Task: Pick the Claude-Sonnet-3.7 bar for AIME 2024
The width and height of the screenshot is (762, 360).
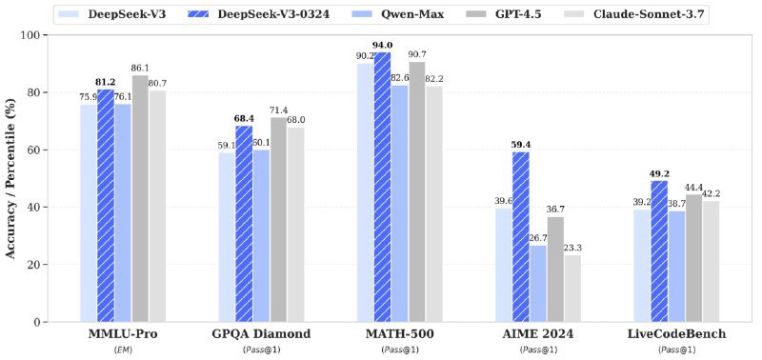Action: point(571,288)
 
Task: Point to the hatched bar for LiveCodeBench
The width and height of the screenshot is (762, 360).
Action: point(658,251)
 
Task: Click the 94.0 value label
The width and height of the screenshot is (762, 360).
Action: point(383,44)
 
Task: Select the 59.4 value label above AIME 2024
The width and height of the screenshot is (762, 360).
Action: point(520,144)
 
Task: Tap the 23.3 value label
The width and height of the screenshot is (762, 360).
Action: point(572,247)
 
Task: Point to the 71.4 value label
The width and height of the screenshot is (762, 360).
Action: point(279,110)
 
